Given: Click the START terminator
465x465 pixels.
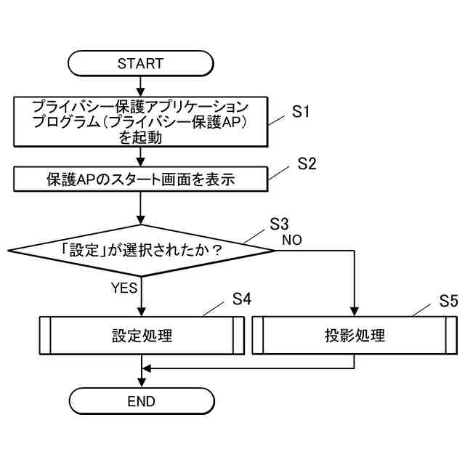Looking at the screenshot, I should coord(140,63).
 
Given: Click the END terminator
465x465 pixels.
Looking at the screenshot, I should coord(140,400).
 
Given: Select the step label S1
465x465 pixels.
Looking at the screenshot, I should coord(301,112).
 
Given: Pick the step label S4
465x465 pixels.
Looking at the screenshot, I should coord(242,299).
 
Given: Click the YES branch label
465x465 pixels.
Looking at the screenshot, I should coord(124,288).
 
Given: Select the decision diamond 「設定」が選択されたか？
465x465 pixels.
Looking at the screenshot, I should coord(140,251).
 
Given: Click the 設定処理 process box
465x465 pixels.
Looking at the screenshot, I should coord(140,336).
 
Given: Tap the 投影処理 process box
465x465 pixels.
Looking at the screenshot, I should coord(354,336).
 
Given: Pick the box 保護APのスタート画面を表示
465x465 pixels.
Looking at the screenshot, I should coord(140,179).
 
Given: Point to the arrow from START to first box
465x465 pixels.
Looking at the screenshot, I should coord(140,86).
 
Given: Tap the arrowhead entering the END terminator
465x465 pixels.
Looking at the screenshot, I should coord(140,383).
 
